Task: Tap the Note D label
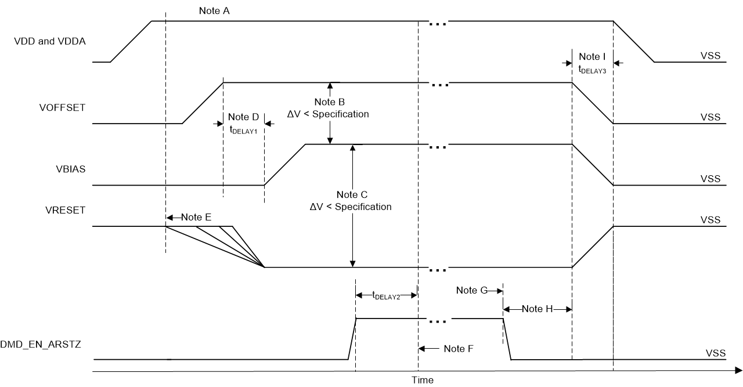click(243, 115)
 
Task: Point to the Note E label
click(196, 217)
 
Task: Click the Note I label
click(592, 57)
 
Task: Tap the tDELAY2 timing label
click(387, 295)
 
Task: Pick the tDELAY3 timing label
click(592, 68)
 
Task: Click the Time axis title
click(423, 380)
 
